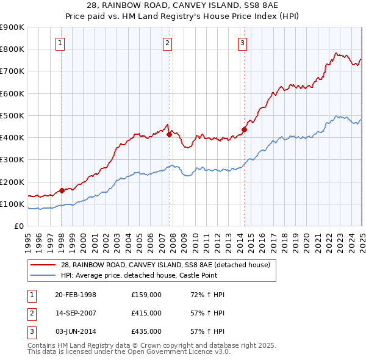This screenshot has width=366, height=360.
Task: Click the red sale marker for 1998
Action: tap(62, 190)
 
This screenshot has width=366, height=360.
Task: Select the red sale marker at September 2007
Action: tap(169, 134)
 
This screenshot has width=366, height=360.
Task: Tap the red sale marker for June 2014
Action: tap(243, 129)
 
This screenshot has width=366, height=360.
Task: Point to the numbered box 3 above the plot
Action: tap(243, 43)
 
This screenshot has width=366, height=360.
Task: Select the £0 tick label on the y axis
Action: tap(19, 226)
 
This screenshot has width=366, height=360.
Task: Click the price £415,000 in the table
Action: tap(146, 313)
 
